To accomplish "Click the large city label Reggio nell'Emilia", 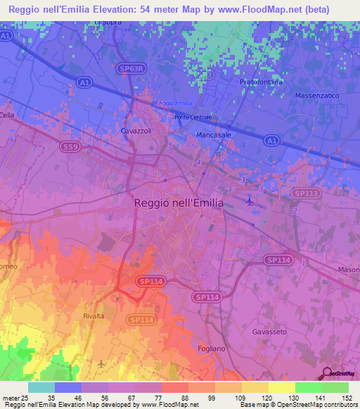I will tap(179, 202).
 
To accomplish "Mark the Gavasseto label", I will tap(271, 331).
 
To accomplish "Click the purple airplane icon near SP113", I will tap(251, 202).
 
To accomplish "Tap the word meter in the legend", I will tap(9, 397).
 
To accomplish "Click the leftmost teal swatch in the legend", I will tap(41, 387).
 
